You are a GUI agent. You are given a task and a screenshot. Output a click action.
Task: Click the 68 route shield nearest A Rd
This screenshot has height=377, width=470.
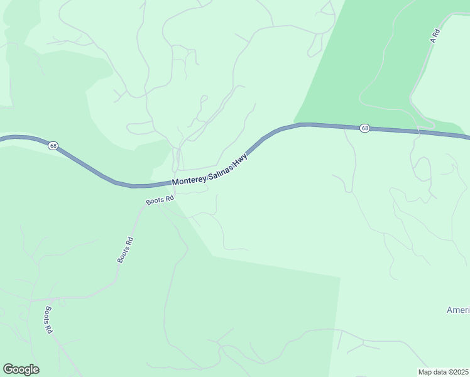(x=365, y=128)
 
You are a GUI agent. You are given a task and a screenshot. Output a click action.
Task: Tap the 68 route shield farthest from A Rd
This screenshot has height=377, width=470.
(x=53, y=146)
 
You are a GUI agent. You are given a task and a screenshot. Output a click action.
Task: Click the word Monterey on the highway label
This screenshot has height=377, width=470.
(x=190, y=181)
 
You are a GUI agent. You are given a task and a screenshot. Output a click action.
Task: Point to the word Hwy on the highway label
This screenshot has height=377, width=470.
(x=241, y=158)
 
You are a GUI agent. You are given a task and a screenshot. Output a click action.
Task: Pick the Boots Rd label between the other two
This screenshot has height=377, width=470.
(x=125, y=249)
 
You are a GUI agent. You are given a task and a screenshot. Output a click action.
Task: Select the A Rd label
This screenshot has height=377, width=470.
(x=433, y=35)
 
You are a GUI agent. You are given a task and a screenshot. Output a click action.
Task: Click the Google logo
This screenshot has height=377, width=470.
(x=21, y=369)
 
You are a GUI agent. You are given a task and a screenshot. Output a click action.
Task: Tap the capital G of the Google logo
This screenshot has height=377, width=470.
(x=8, y=369)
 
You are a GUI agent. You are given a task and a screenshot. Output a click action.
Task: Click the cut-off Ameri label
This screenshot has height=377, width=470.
(x=457, y=310)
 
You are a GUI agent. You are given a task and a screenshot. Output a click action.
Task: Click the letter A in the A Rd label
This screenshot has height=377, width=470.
(x=432, y=40)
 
